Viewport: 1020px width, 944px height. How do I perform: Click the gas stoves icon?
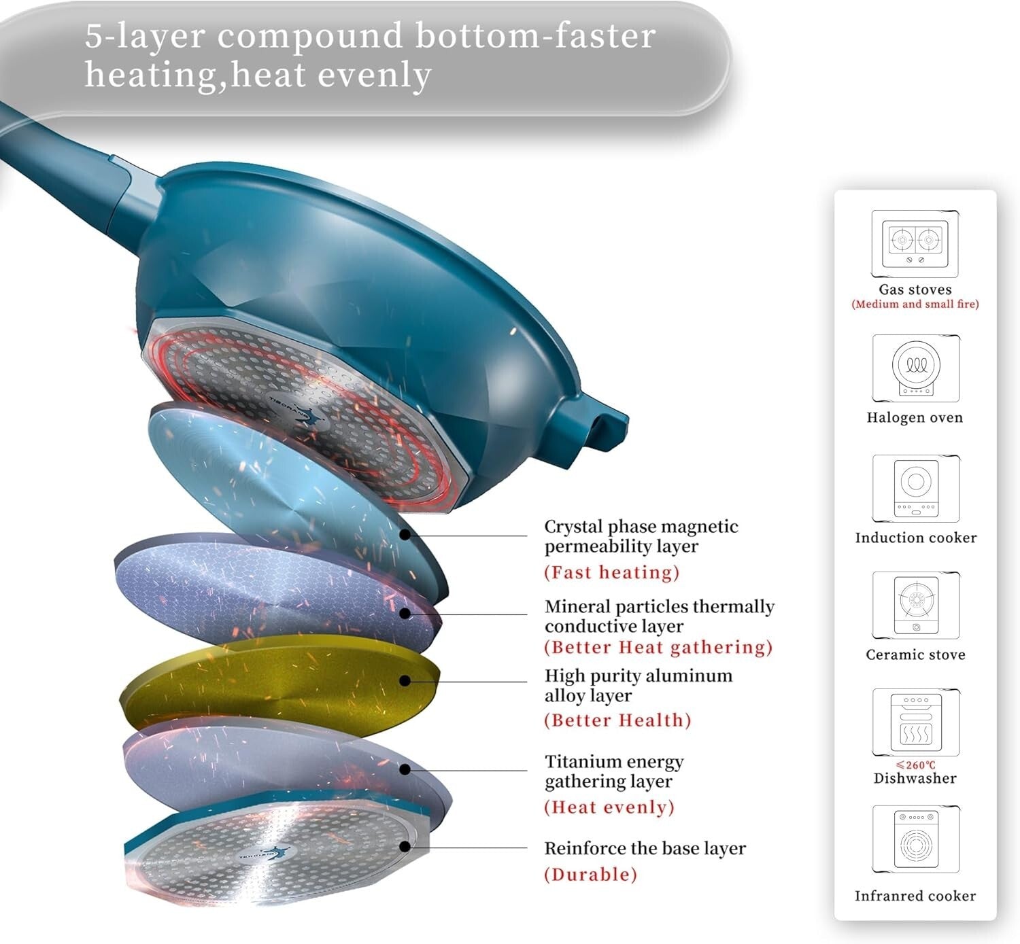[915, 243]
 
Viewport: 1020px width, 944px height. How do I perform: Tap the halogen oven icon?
[915, 368]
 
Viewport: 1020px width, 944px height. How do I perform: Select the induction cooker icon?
[915, 488]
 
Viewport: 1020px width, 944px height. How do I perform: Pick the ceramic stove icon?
[915, 604]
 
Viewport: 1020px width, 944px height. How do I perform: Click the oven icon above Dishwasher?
[915, 722]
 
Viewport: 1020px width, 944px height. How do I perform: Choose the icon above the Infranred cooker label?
[915, 839]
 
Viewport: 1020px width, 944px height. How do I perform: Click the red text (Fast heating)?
[611, 572]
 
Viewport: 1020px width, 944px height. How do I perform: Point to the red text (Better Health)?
[617, 720]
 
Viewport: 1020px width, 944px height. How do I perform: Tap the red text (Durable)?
[590, 874]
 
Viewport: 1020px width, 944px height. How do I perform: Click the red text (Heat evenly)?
[609, 807]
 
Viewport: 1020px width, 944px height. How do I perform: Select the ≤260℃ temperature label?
[915, 765]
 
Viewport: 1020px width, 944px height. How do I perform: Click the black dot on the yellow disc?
[405, 680]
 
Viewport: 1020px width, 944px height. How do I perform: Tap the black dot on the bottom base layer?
[405, 847]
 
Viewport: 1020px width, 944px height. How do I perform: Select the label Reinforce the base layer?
[645, 848]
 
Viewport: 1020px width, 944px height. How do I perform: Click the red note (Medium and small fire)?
[915, 304]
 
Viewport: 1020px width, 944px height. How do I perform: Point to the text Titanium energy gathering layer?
[613, 771]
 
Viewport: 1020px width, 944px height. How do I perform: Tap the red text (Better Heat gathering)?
[658, 647]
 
